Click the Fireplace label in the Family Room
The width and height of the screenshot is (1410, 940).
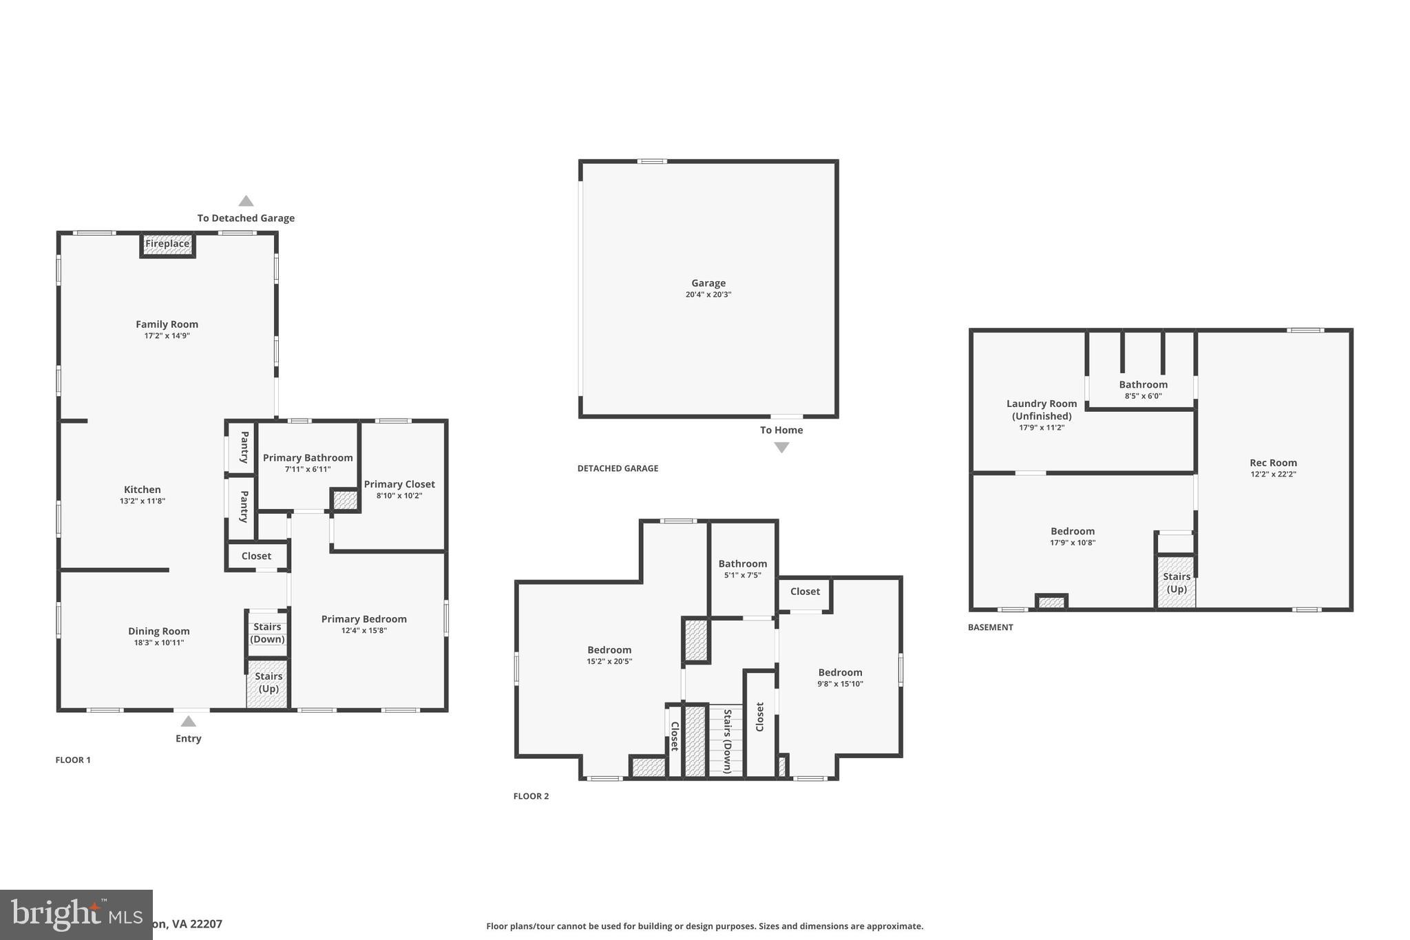[x=167, y=244]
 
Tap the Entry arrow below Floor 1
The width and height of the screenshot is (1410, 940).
[x=188, y=722]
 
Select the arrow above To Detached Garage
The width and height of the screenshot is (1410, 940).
[x=246, y=201]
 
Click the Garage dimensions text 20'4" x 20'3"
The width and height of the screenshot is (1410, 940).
[x=708, y=295]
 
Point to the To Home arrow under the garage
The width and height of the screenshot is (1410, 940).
[x=781, y=448]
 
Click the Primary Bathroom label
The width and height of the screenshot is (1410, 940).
[x=308, y=458]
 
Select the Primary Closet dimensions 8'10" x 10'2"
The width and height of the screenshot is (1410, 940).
[x=399, y=496]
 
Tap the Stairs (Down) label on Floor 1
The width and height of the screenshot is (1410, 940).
[x=267, y=633]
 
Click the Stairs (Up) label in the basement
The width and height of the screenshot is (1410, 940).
[x=1177, y=583]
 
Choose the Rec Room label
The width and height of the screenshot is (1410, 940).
[x=1273, y=463]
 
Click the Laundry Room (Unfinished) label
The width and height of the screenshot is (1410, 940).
[x=1042, y=410]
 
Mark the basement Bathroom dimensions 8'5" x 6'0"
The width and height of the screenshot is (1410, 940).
[x=1143, y=396]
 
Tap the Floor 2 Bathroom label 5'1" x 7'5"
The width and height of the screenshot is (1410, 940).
[x=742, y=564]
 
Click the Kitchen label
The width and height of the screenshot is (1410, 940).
[x=143, y=490]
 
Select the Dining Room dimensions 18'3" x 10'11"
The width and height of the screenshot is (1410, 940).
[x=159, y=643]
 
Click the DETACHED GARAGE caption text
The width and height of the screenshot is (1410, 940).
[x=618, y=468]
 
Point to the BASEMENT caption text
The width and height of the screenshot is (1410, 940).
[x=990, y=627]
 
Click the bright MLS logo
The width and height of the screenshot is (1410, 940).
[x=76, y=915]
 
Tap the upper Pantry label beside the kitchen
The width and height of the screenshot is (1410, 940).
[x=244, y=447]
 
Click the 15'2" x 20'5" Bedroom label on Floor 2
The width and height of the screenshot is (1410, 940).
[x=609, y=650]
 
